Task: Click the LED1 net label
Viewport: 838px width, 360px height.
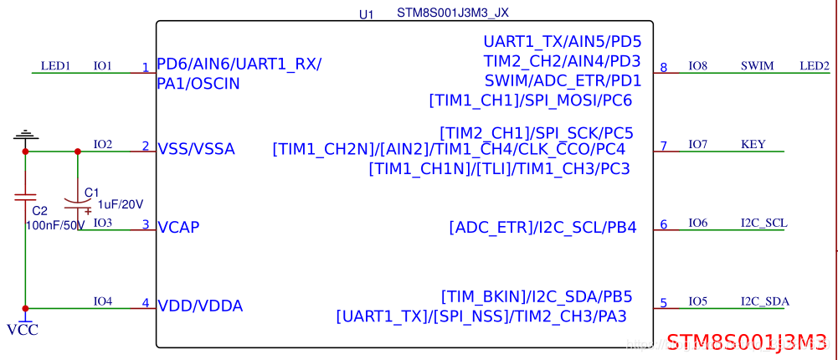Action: tap(55, 65)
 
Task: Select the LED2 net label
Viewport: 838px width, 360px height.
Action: tap(814, 65)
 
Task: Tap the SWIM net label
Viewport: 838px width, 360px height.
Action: tap(757, 65)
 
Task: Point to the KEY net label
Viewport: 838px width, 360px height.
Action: tap(753, 144)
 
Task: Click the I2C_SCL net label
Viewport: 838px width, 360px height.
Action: tap(763, 223)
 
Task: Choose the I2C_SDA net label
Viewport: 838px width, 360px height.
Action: tap(764, 301)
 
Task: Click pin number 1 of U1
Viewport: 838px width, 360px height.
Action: tap(145, 68)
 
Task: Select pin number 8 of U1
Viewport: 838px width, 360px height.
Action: tap(664, 68)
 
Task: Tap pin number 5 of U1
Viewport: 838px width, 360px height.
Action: tap(664, 304)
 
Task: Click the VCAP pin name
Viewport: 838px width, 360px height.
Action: tap(178, 227)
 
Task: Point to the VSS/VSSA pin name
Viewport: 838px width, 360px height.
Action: tap(196, 149)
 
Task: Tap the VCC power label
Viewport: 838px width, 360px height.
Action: tap(23, 330)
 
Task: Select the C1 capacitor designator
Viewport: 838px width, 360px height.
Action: tap(91, 192)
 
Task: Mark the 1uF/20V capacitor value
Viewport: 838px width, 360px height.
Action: tap(121, 203)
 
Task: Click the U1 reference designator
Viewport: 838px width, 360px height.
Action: tap(365, 14)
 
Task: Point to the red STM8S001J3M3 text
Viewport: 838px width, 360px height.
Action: tap(747, 341)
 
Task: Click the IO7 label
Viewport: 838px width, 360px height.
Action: tap(697, 144)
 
